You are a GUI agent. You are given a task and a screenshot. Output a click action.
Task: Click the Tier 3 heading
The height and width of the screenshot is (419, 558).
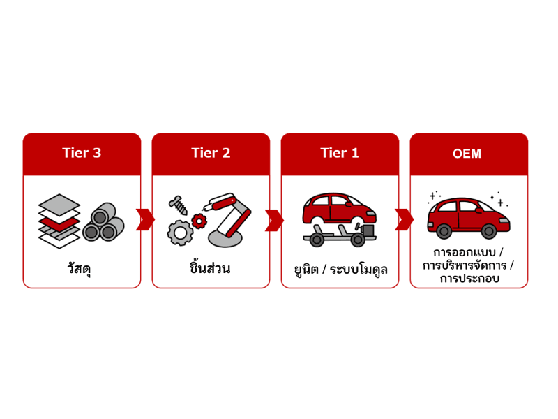[82, 153]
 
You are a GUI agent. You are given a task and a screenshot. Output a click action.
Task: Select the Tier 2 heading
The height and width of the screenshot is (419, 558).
[211, 153]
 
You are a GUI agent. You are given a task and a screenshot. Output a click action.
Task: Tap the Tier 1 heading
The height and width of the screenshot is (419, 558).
[340, 153]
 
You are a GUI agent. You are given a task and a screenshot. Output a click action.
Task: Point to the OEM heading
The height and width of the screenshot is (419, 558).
[467, 154]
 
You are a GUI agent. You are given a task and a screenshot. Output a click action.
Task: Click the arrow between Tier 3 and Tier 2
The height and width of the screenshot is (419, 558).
[145, 220]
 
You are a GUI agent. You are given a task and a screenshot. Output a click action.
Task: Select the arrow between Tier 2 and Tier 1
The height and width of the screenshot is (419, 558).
[274, 220]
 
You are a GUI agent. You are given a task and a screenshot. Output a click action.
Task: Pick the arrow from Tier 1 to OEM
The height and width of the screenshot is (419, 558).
[404, 220]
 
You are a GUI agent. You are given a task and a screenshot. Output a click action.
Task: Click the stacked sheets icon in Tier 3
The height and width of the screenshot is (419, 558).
[59, 221]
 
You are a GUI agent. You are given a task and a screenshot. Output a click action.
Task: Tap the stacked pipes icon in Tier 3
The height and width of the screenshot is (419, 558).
[103, 222]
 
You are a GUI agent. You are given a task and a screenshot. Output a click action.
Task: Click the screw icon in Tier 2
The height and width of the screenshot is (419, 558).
[179, 205]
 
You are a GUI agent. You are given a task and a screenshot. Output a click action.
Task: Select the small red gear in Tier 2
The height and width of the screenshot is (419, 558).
[199, 221]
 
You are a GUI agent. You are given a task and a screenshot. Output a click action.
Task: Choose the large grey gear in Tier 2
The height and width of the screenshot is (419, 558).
[180, 233]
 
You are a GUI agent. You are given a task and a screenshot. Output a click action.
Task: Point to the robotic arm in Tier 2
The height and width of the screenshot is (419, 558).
[227, 220]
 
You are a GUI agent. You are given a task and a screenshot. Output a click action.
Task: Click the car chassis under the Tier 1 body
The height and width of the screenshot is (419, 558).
[339, 236]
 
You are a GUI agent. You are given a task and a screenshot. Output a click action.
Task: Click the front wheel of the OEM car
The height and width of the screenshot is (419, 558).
[489, 232]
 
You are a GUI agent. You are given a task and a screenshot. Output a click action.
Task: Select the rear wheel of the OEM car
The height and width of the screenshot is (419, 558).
[444, 232]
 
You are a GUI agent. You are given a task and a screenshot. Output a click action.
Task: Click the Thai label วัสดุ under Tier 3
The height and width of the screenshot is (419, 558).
[79, 268]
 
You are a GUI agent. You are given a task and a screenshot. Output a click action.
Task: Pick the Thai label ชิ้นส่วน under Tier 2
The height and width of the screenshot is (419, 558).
[210, 267]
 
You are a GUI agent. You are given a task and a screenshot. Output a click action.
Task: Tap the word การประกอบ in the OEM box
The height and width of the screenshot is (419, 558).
[469, 278]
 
